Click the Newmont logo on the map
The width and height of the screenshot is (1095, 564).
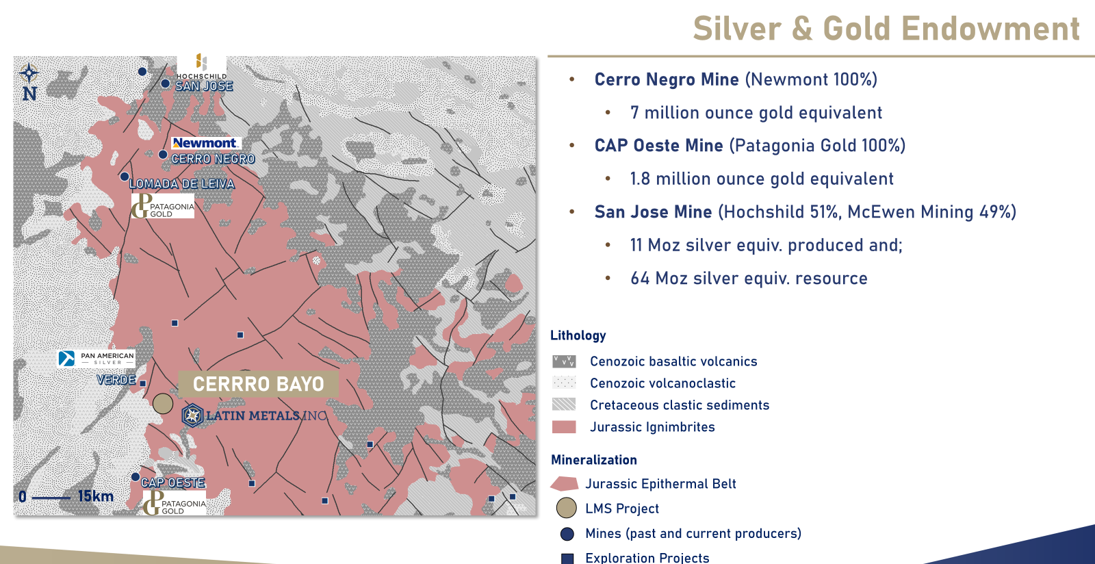pyautogui.click(x=205, y=142)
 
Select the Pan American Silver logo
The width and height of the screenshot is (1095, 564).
pyautogui.click(x=96, y=358)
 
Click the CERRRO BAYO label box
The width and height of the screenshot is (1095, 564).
pyautogui.click(x=258, y=384)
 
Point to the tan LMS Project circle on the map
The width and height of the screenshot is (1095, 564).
pyautogui.click(x=163, y=404)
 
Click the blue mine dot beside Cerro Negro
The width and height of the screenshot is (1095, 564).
pyautogui.click(x=163, y=155)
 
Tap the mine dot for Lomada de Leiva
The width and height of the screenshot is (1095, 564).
pyautogui.click(x=124, y=177)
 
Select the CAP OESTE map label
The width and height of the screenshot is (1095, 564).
pyautogui.click(x=173, y=483)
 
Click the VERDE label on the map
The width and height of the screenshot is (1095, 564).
pyautogui.click(x=116, y=380)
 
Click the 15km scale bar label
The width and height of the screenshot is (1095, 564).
pyautogui.click(x=96, y=496)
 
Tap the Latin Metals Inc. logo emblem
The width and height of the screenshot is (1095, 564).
pyautogui.click(x=192, y=415)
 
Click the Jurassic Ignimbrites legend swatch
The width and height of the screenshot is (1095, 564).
pyautogui.click(x=564, y=426)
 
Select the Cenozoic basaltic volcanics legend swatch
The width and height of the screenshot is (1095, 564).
pyautogui.click(x=564, y=361)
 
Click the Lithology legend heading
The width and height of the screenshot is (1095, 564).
pyautogui.click(x=578, y=335)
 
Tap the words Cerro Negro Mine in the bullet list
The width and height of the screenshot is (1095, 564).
pyautogui.click(x=667, y=79)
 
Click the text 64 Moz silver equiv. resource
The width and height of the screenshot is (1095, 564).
pyautogui.click(x=749, y=278)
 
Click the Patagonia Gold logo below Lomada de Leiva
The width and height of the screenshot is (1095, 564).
pyautogui.click(x=162, y=206)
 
